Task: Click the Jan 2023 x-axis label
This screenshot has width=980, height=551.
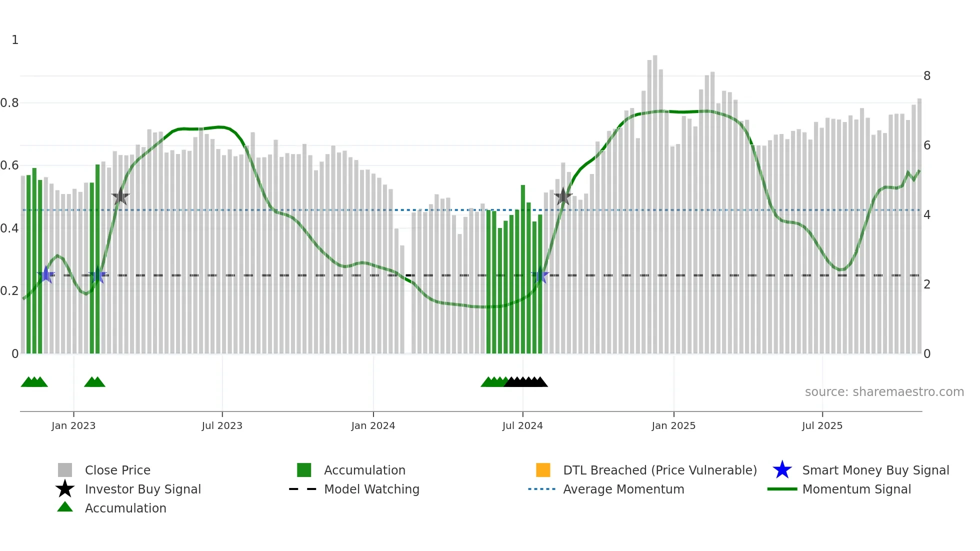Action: (x=73, y=425)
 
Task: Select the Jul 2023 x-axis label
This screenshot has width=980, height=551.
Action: (x=222, y=425)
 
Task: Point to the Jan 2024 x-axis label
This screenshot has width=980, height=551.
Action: (x=373, y=425)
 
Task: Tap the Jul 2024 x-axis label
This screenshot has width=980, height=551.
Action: (x=522, y=425)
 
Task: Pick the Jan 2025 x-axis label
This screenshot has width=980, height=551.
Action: (x=673, y=425)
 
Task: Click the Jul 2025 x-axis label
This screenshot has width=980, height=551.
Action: (x=822, y=425)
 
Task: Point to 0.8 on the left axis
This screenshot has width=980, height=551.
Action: (x=9, y=103)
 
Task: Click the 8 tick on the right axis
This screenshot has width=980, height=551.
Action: (x=927, y=76)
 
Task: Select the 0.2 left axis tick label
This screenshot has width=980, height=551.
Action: (x=9, y=291)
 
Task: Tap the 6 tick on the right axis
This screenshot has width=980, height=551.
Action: (x=927, y=145)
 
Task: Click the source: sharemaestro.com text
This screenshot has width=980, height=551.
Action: (x=884, y=392)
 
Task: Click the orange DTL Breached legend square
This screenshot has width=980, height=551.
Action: (x=543, y=470)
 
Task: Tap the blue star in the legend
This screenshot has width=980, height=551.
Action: (x=782, y=470)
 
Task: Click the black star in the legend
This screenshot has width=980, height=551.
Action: (x=65, y=489)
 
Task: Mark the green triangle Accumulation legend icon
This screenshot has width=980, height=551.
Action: (x=65, y=507)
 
